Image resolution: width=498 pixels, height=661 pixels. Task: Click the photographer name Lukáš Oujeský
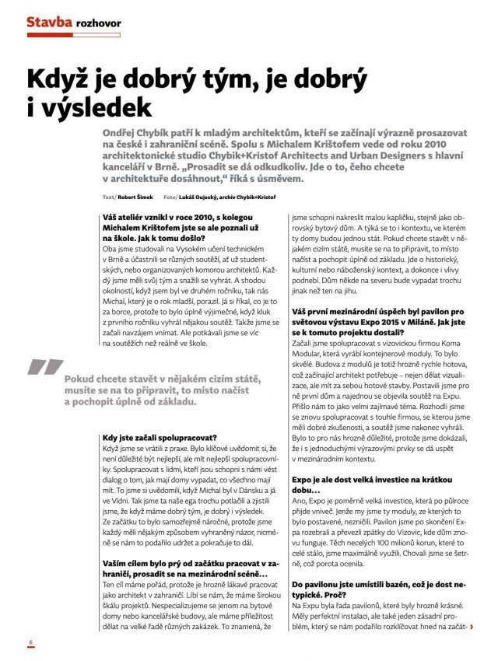(x=204, y=198)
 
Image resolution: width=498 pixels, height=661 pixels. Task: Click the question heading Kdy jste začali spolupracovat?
(x=160, y=438)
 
